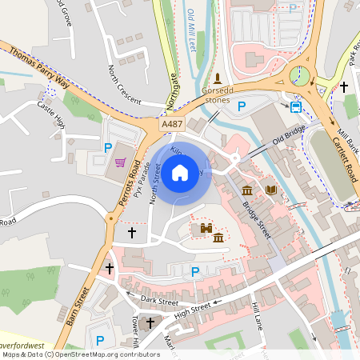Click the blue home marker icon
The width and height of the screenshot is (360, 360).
181,172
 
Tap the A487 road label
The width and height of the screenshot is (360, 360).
171,126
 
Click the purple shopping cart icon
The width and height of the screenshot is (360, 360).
122,162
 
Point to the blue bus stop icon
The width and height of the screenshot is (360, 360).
296,106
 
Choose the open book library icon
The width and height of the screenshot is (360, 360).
271,190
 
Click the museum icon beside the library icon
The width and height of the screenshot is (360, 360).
247,190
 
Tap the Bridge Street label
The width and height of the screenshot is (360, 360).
257,218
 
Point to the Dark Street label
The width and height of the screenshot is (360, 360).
158,302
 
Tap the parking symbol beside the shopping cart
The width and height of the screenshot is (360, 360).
108,147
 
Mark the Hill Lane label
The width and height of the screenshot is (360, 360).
257,314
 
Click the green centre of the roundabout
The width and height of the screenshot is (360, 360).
301,77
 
